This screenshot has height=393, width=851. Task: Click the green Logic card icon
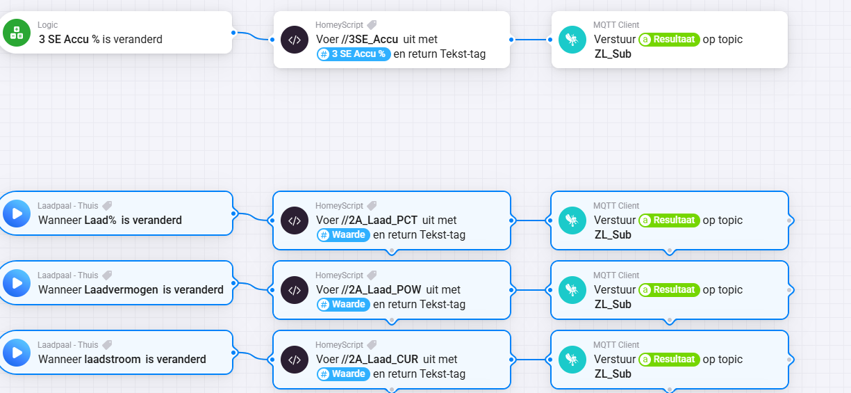(x=17, y=33)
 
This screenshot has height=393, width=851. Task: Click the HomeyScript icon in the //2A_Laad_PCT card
(x=295, y=220)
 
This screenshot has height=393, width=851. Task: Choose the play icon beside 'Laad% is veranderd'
(x=17, y=214)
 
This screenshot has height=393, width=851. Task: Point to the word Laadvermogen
(x=122, y=290)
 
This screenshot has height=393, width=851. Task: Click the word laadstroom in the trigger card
(x=113, y=360)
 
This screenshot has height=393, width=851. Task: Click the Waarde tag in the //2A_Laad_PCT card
(x=342, y=234)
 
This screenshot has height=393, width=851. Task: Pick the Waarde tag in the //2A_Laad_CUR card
(x=342, y=374)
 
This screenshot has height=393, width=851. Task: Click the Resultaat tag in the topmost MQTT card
(x=669, y=40)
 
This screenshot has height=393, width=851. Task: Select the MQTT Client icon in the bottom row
(x=572, y=360)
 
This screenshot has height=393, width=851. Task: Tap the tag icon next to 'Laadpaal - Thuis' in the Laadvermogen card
(x=107, y=275)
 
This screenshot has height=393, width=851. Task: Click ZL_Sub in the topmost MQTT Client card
(x=613, y=54)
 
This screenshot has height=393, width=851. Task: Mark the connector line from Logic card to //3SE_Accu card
(x=253, y=35)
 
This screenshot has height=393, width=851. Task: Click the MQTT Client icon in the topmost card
(x=572, y=40)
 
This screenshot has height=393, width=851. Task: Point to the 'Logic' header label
(x=48, y=25)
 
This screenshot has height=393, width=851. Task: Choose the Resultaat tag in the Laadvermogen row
(x=669, y=290)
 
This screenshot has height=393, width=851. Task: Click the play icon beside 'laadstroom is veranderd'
(x=17, y=353)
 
